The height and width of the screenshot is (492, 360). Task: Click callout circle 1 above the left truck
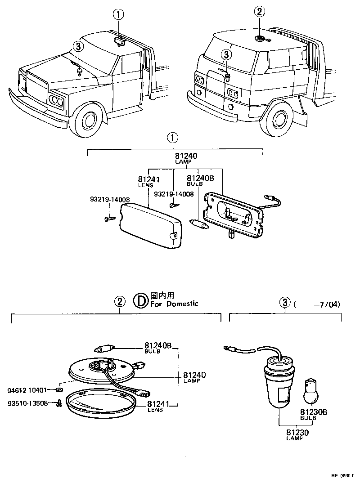click(118, 15)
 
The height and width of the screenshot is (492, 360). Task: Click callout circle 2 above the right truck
click(260, 12)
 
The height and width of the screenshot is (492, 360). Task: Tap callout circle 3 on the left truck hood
click(78, 46)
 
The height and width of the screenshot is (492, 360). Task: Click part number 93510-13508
click(28, 403)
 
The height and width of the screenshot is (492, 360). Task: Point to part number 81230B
click(310, 411)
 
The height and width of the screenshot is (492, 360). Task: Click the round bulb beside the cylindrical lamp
click(310, 390)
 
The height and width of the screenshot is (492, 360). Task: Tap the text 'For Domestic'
click(174, 304)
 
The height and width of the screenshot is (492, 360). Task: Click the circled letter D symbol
click(141, 300)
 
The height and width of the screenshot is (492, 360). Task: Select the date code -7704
click(327, 304)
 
